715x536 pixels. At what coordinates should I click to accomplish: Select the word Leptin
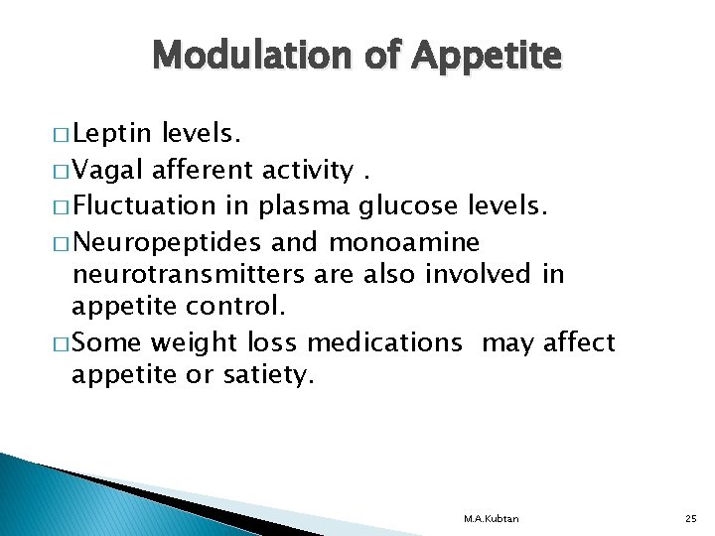(111, 134)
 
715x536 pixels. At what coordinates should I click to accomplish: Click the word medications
(384, 343)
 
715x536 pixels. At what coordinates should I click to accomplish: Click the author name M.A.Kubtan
(491, 519)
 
